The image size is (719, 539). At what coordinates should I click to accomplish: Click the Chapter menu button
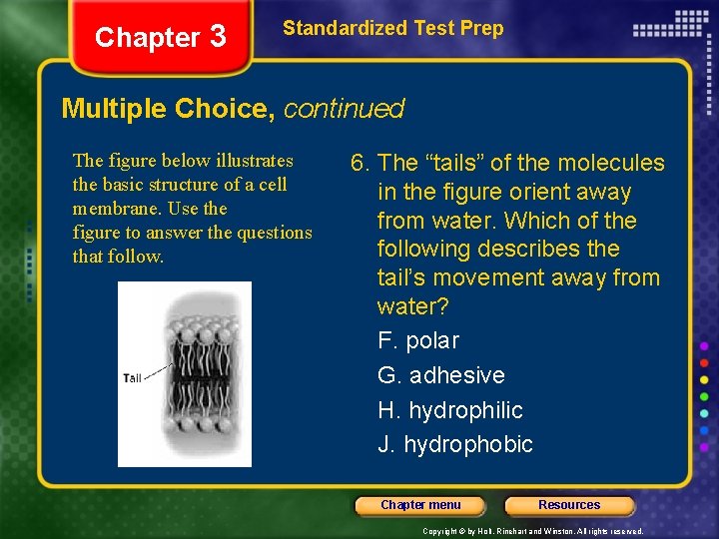[x=420, y=505]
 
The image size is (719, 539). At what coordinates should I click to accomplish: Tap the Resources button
[x=569, y=505]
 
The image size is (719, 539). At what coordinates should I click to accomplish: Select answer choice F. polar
[x=418, y=340]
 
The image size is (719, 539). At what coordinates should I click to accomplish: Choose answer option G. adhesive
[x=440, y=375]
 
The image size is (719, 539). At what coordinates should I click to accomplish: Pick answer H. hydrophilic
[x=449, y=410]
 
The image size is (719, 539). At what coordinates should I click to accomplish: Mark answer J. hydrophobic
[x=454, y=444]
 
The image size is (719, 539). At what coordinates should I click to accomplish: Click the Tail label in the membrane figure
[x=132, y=377]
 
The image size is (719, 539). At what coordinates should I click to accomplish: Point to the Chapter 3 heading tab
[x=160, y=38]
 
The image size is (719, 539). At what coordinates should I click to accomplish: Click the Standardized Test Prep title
[x=392, y=28]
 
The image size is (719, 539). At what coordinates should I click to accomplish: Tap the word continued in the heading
[x=344, y=109]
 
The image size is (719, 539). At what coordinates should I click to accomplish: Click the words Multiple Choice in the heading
[x=168, y=109]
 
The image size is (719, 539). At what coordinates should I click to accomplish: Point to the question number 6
[x=359, y=163]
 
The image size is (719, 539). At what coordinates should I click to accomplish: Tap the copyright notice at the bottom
[x=532, y=531]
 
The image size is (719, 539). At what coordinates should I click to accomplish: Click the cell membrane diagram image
[x=185, y=374]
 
